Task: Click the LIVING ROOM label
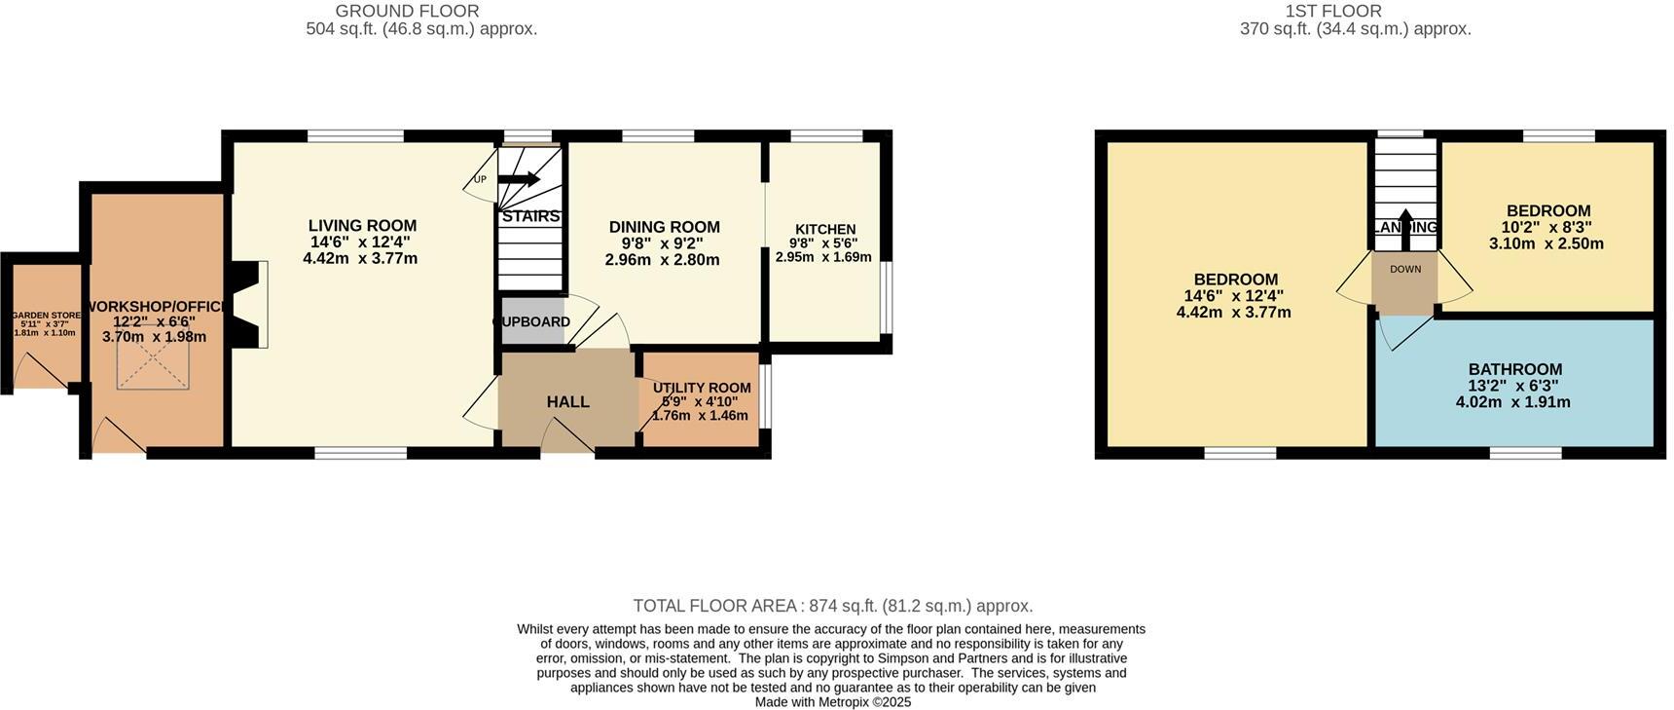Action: point(362,226)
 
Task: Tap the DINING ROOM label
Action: point(664,227)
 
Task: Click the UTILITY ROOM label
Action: point(701,388)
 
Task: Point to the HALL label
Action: point(567,402)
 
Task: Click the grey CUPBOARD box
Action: point(532,322)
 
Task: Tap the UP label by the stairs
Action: point(480,180)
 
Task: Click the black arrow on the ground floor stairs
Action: point(519,179)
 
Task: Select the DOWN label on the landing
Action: point(1404,270)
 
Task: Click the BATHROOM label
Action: point(1514,369)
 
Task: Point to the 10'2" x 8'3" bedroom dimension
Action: point(1546,227)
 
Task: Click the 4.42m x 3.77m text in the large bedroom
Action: point(1233,313)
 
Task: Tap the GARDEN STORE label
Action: point(46,316)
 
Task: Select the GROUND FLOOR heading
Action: point(407,12)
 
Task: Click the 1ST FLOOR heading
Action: point(1332,12)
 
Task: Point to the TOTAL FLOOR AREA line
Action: point(832,606)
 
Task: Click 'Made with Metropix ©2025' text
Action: point(832,701)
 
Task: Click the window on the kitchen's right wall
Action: point(886,297)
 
